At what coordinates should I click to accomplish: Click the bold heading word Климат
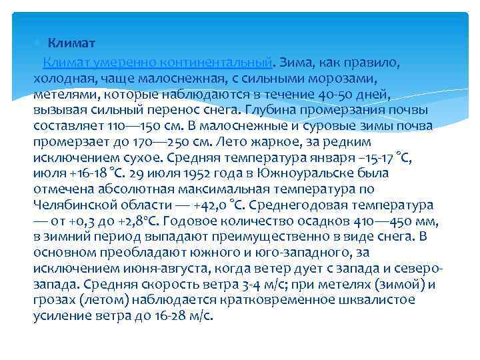[x=71, y=43]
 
